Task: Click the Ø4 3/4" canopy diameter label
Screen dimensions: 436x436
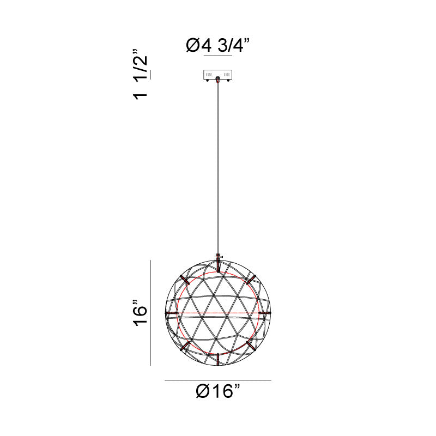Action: pos(218,45)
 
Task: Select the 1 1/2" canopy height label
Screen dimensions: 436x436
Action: pos(141,75)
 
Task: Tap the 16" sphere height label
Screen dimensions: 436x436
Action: pos(141,313)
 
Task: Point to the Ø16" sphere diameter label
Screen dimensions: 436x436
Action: pos(218,391)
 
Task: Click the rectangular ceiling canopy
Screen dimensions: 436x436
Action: pos(217,75)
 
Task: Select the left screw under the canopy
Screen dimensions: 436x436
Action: pos(207,80)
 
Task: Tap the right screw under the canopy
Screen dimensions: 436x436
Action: pos(228,80)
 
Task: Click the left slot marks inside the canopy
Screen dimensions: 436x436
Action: pos(209,75)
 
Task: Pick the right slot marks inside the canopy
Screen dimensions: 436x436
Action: pos(227,75)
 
